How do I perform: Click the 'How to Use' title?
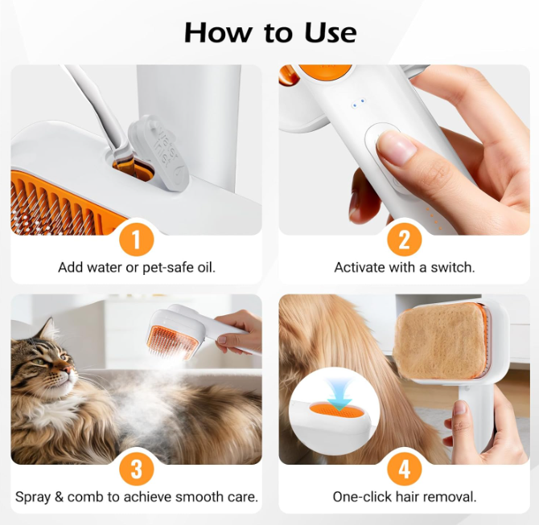pos(270,33)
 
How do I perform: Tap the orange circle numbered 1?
pos(137,239)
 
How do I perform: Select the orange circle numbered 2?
pos(404,239)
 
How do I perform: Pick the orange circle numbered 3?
pos(137,469)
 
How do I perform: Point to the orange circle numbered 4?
pos(404,469)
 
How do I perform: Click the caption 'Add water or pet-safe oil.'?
pos(137,267)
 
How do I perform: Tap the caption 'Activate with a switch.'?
pos(404,267)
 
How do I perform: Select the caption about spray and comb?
pos(137,497)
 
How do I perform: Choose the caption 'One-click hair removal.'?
pos(404,497)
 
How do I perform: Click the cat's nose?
pos(68,369)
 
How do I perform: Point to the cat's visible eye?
pos(39,362)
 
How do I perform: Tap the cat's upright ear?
pos(49,329)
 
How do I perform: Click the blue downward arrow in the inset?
pos(339,395)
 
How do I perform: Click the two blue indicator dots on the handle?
pos(358,103)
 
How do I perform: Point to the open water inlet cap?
pos(158,151)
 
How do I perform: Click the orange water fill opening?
pos(134,170)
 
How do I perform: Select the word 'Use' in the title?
pos(330,33)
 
